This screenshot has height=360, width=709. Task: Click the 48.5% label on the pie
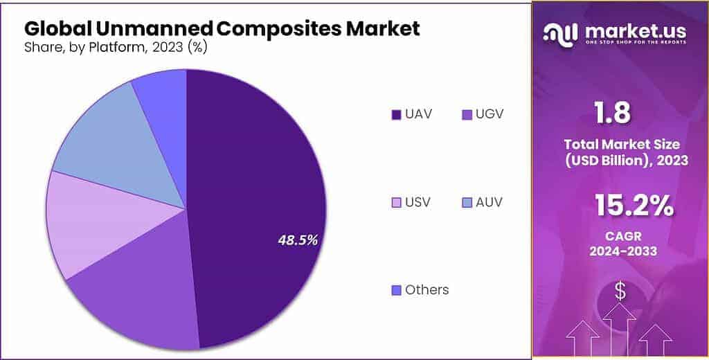click(x=298, y=240)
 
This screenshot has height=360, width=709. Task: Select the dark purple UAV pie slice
click(x=263, y=173)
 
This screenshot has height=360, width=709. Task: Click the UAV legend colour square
click(x=396, y=114)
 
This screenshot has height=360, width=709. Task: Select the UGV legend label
click(x=490, y=114)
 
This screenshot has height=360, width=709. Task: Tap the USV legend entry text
click(x=418, y=202)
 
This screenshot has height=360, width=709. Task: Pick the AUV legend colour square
click(x=466, y=203)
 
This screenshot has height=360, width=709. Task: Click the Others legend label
click(x=427, y=289)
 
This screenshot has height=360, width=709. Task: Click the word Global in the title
click(x=55, y=29)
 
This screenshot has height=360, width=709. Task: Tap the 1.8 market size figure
click(x=612, y=113)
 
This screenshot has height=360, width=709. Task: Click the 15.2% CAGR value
click(x=634, y=206)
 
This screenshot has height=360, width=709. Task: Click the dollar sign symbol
click(x=620, y=291)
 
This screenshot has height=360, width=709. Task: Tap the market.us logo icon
click(x=561, y=33)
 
